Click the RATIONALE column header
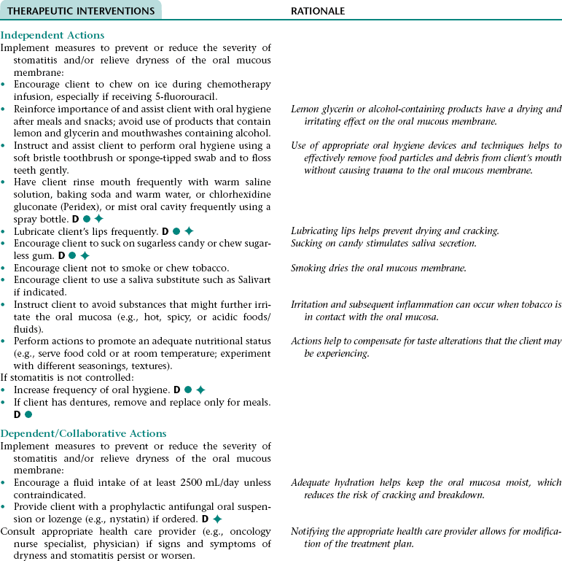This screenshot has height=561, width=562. tap(318, 11)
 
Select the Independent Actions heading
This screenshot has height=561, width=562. tap(52, 35)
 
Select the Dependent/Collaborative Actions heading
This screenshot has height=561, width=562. tap(84, 433)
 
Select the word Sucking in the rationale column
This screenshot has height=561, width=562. tap(308, 243)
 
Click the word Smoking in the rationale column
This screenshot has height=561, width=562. tap(310, 268)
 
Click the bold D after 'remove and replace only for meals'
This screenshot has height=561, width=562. tap(17, 414)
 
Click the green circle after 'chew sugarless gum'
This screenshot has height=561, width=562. tap(73, 255)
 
